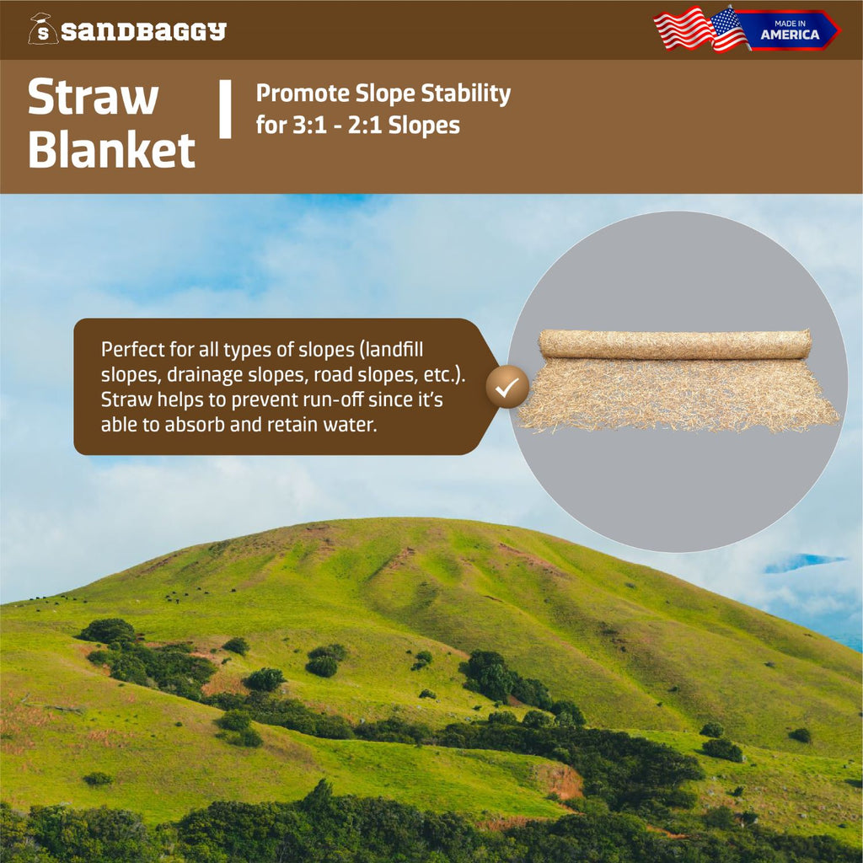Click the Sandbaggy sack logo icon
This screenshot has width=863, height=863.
coord(42,29)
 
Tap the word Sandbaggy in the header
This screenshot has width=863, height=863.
coord(144,32)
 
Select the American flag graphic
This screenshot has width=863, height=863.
coord(700,29)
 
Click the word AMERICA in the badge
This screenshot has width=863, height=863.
coord(790,35)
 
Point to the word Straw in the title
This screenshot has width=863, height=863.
coord(93,98)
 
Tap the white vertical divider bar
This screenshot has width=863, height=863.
coord(225,110)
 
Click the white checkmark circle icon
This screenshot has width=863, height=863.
coord(507,387)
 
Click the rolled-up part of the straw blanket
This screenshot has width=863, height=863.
coord(675,344)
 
